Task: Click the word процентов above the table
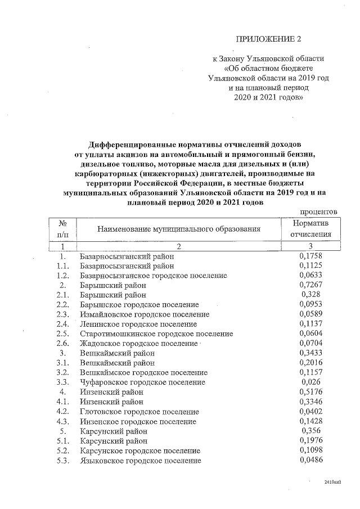pos(318,211)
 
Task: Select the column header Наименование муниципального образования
pos(179,229)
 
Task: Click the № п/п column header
pos(63,229)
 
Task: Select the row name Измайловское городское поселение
pos(145,314)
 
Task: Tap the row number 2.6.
pos(63,343)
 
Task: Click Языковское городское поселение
pos(141,461)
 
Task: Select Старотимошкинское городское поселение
pos(156,334)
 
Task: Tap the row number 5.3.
pos(63,461)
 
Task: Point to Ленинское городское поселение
pos(138,324)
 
